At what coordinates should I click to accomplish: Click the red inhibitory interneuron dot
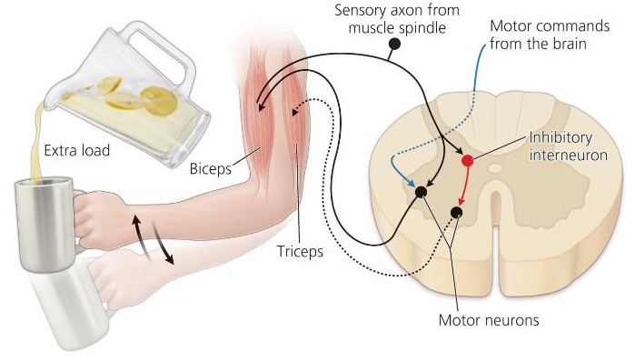coord(467,160)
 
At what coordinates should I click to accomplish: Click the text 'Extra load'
coord(75,150)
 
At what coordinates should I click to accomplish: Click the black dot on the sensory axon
coord(394,44)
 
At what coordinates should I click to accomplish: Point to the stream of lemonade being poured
coord(36,136)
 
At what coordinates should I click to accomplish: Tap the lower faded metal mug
coord(55,314)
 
